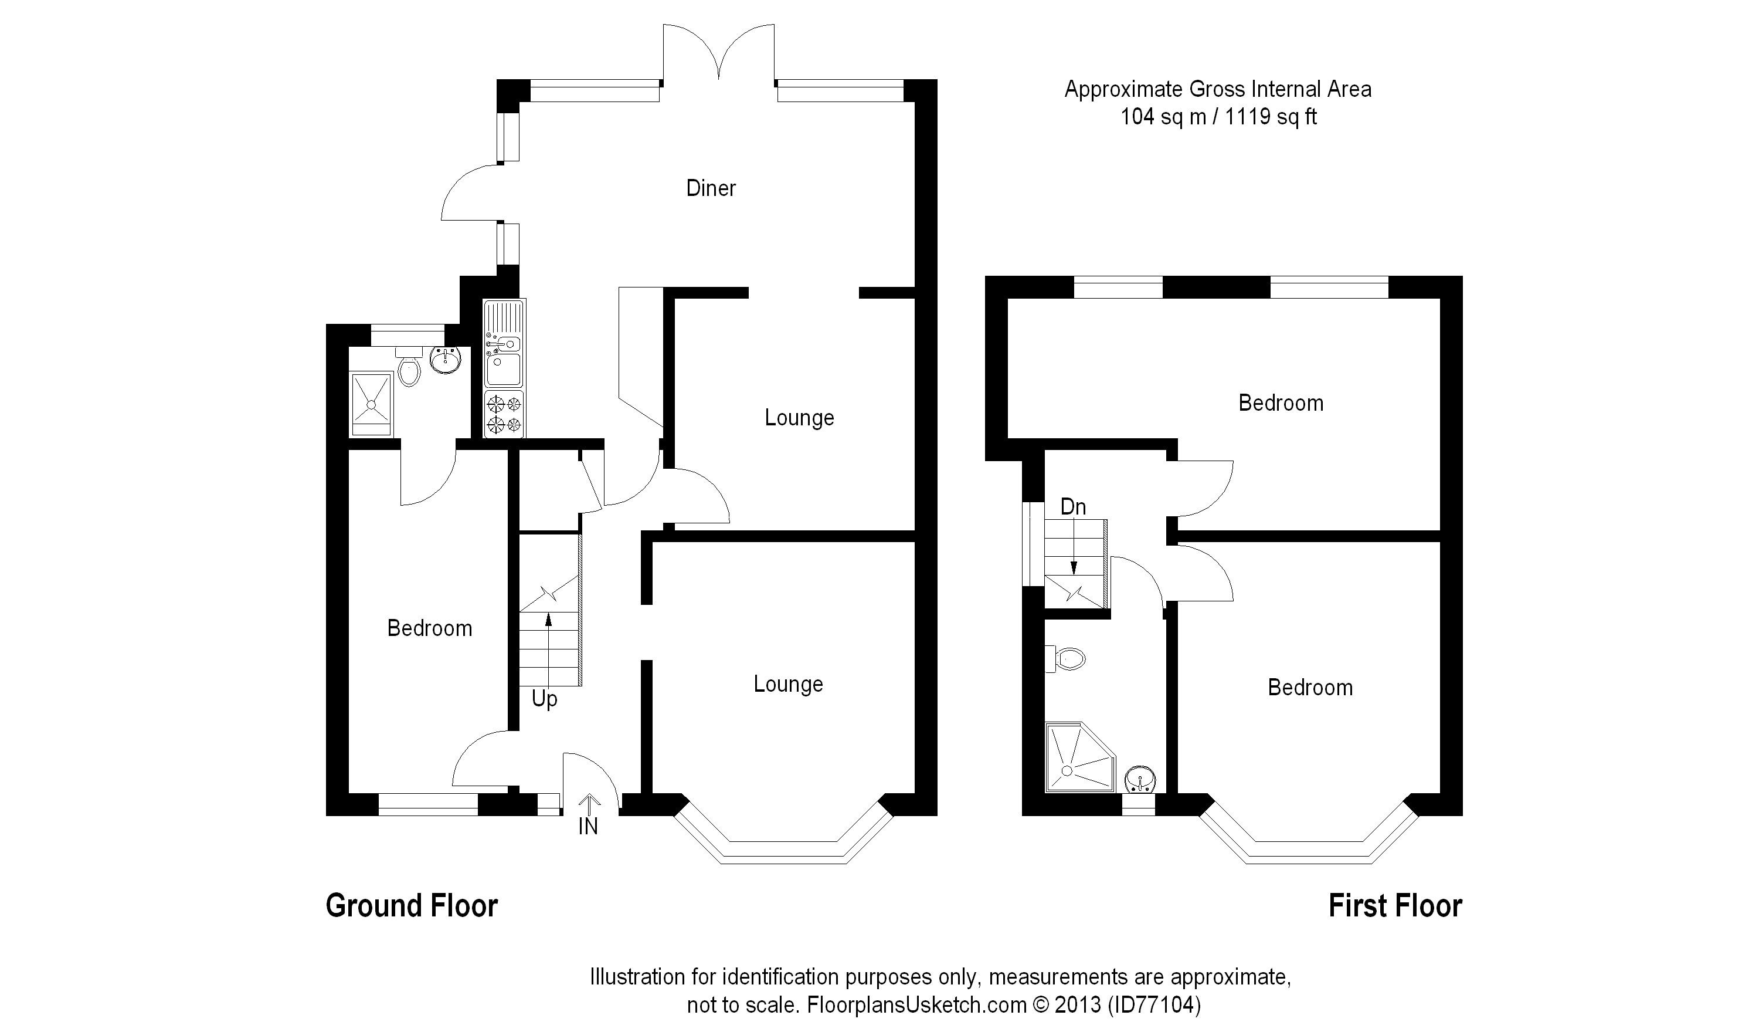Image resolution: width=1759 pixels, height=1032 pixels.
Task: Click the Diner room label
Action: pyautogui.click(x=711, y=188)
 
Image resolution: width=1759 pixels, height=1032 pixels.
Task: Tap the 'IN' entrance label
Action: pyautogui.click(x=588, y=827)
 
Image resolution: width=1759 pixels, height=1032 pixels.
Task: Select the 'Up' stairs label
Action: pyautogui.click(x=545, y=698)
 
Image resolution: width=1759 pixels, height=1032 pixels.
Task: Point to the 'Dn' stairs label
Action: pyautogui.click(x=1073, y=507)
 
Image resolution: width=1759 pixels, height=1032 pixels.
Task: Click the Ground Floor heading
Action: pyautogui.click(x=412, y=906)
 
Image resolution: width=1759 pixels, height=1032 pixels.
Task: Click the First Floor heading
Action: pyautogui.click(x=1395, y=906)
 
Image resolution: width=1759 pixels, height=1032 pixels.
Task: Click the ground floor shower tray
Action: pyautogui.click(x=371, y=403)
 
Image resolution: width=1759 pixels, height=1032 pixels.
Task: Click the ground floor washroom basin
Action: pyautogui.click(x=446, y=361)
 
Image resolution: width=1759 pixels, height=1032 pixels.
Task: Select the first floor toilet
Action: pyautogui.click(x=1066, y=658)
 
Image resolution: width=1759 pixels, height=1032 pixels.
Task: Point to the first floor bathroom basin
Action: pyautogui.click(x=1140, y=779)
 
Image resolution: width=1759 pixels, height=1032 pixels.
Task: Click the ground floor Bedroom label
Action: pyautogui.click(x=429, y=628)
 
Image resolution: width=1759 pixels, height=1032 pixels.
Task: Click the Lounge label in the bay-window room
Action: pyautogui.click(x=788, y=684)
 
